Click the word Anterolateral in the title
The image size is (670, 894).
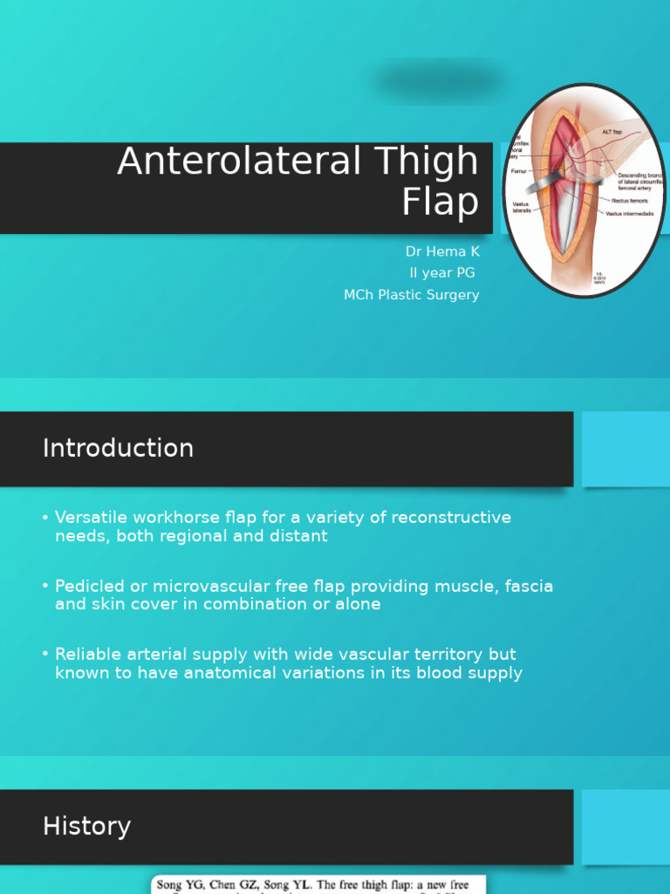pos(240,162)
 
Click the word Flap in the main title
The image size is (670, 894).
pos(441,203)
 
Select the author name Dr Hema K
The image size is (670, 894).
pos(442,251)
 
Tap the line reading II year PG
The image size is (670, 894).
pos(442,273)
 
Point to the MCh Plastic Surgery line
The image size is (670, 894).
pos(411,295)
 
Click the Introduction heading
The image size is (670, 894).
pos(118,449)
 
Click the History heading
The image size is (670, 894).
pos(86,827)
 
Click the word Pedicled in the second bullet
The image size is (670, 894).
pos(87,586)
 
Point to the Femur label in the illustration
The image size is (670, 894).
pos(519,172)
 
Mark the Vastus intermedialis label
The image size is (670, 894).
pos(630,214)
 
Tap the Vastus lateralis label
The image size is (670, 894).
pos(521,208)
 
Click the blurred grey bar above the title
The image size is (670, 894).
pos(439,82)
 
